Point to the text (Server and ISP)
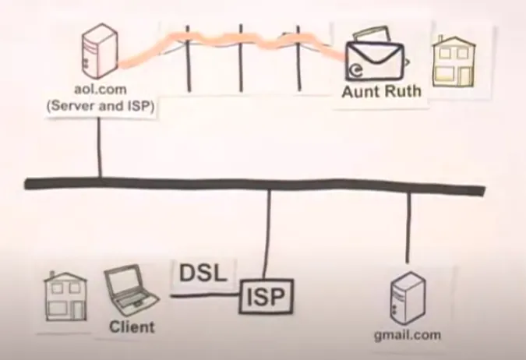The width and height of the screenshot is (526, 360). pos(99,108)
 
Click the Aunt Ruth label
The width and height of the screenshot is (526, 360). pos(381,91)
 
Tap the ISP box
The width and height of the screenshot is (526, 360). pos(267,295)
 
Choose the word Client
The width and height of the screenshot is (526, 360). pos(132,326)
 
